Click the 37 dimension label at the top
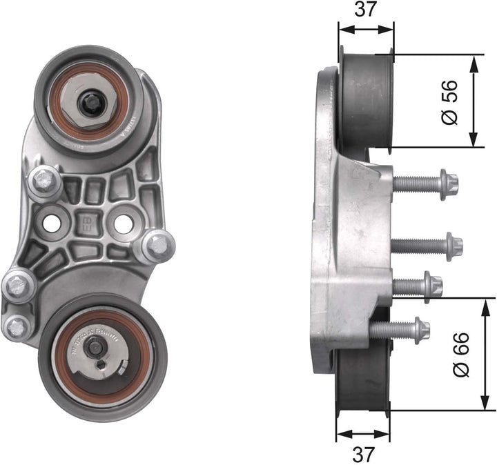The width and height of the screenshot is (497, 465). click(x=366, y=12)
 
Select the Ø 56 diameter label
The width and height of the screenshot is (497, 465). click(x=449, y=102)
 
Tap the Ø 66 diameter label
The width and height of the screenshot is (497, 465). click(x=461, y=354)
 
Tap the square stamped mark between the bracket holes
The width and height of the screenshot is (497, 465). click(x=88, y=222)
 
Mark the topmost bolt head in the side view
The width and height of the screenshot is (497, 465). click(x=449, y=184)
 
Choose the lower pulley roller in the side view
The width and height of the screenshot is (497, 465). click(x=362, y=383)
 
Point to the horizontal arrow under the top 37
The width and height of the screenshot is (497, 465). click(x=366, y=30)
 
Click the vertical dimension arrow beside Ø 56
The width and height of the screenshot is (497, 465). click(x=474, y=102)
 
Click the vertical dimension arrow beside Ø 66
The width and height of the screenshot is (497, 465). click(x=481, y=354)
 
